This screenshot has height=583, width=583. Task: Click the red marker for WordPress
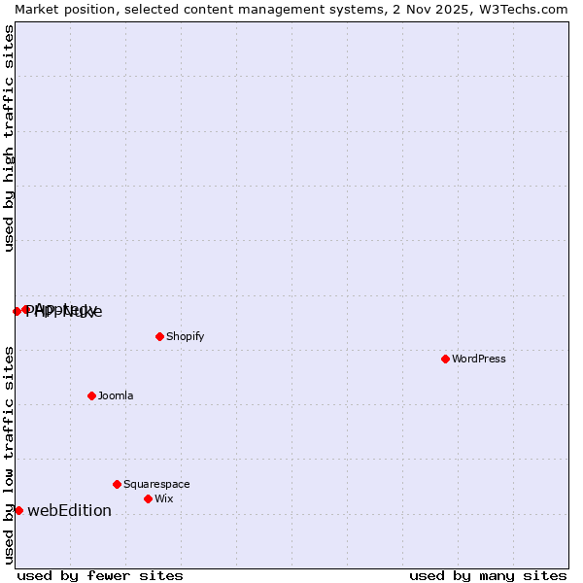click(445, 359)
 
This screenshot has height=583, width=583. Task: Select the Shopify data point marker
click(159, 336)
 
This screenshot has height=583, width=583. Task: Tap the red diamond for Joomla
click(91, 395)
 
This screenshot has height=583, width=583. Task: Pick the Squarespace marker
click(117, 484)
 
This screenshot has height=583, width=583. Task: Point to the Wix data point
click(148, 498)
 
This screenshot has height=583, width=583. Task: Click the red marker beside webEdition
click(18, 510)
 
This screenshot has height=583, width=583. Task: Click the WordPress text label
click(479, 359)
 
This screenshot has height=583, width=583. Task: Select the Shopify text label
click(185, 336)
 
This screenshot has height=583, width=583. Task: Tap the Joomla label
click(116, 395)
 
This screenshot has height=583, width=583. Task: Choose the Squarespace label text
click(156, 484)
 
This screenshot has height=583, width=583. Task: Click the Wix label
click(163, 498)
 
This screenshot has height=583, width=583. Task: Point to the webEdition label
click(69, 510)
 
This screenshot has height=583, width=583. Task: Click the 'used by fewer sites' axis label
click(100, 575)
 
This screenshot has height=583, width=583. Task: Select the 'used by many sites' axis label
click(488, 575)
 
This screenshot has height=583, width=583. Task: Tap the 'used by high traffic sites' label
click(9, 138)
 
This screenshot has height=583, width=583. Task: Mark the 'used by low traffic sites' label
click(9, 455)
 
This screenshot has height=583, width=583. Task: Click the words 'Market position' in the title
click(57, 9)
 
